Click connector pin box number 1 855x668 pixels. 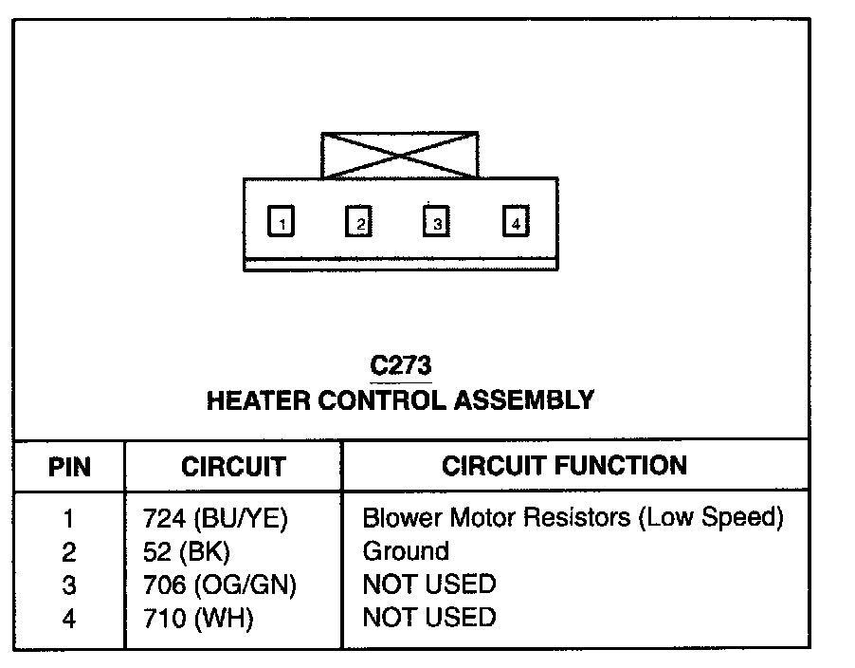click(282, 222)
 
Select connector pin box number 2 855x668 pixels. click(358, 222)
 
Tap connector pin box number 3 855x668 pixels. click(435, 222)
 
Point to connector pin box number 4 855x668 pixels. click(515, 222)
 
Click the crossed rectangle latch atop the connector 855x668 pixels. click(399, 156)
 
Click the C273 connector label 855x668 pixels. click(400, 365)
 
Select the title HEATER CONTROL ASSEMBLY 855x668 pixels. click(400, 399)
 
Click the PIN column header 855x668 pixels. click(69, 466)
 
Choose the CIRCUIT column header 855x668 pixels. click(233, 466)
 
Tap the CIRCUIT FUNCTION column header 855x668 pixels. click(564, 465)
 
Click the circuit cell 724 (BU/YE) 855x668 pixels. click(214, 519)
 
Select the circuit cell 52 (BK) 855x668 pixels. click(187, 551)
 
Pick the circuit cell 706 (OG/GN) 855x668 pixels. click(219, 584)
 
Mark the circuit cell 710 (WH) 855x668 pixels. click(198, 618)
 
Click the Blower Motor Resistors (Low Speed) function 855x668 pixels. click(573, 519)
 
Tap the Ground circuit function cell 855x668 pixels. click(406, 551)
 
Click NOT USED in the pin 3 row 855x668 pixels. click(428, 584)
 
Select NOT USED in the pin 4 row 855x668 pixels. click(428, 618)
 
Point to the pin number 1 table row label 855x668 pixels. click(68, 519)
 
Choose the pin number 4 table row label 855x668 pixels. click(68, 618)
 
